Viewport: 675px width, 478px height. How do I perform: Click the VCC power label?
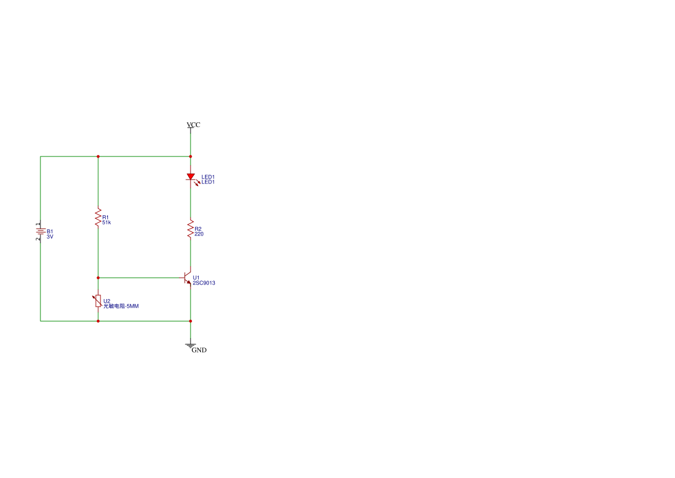(x=193, y=125)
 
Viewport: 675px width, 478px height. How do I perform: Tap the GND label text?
(x=199, y=350)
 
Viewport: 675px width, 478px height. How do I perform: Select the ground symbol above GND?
(x=191, y=345)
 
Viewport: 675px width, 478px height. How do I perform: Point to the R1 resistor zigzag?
(x=98, y=217)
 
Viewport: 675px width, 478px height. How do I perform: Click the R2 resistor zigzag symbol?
(x=191, y=229)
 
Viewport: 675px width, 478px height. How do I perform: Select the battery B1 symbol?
(x=40, y=231)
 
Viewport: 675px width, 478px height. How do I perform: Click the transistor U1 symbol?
(x=187, y=278)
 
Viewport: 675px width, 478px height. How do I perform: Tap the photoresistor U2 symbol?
(x=98, y=301)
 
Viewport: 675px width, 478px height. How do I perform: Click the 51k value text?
(x=106, y=222)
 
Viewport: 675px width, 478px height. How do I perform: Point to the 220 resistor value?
(x=199, y=234)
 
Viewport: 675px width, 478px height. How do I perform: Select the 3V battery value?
(x=50, y=237)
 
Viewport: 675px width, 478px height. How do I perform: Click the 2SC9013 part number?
(x=204, y=283)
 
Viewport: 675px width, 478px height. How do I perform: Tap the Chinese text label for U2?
(x=121, y=307)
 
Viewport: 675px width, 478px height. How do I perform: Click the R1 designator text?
(x=106, y=217)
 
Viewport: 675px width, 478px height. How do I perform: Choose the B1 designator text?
(x=50, y=231)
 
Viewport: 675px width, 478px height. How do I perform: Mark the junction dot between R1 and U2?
(x=98, y=278)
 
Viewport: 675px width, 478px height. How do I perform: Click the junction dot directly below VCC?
(x=191, y=156)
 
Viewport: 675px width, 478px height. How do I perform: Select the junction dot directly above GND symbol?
(x=191, y=321)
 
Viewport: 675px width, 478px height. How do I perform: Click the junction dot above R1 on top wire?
(x=98, y=156)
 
